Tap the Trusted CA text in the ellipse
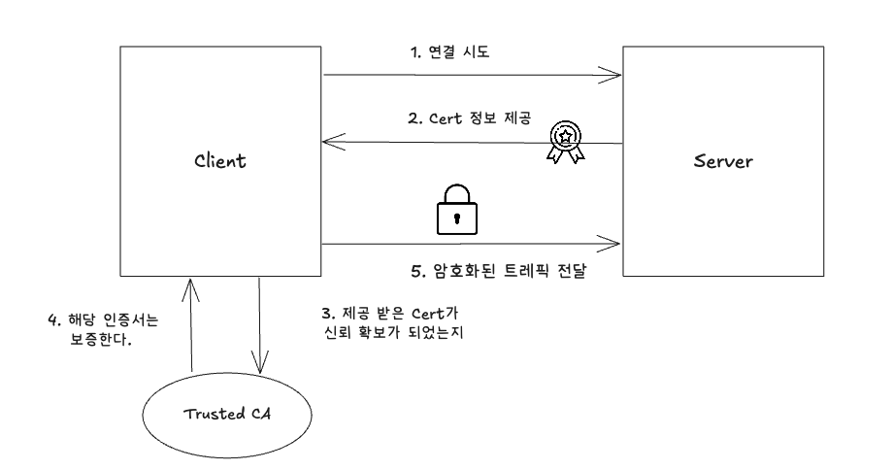coord(228,416)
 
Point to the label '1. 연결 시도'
coord(450,51)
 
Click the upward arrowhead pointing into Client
coord(192,284)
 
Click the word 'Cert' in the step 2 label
coord(446,119)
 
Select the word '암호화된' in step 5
coord(462,271)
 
